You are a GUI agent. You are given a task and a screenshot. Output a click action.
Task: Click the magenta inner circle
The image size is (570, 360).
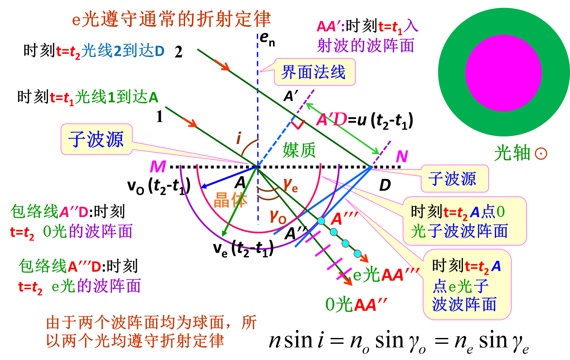click(x=503, y=73)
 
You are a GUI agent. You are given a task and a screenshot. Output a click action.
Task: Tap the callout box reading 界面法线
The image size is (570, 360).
click(x=314, y=72)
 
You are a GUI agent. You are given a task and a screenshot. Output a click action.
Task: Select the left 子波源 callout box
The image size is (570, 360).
click(x=96, y=139)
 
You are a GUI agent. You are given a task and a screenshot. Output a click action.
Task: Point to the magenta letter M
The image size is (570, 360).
click(x=158, y=167)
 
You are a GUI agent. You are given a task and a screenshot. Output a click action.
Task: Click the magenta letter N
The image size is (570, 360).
click(x=402, y=157)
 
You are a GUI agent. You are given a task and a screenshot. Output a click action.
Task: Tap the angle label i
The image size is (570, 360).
click(x=239, y=138)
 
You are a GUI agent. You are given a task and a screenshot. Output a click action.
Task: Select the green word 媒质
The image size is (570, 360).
click(x=299, y=150)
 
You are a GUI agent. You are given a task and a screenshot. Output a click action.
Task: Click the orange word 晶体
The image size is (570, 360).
click(x=230, y=200)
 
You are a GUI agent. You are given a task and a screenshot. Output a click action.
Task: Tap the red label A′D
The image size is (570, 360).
click(x=331, y=120)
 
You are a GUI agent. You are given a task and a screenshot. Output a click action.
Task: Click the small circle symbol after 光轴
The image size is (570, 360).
click(x=541, y=154)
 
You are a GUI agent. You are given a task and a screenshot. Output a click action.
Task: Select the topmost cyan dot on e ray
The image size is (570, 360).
click(x=321, y=221)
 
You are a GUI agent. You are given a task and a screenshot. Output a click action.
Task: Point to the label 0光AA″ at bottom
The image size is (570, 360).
click(x=356, y=305)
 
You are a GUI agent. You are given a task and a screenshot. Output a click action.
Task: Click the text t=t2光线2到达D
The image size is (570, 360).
click(x=110, y=51)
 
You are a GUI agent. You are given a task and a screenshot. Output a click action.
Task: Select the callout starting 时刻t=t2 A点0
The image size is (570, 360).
click(x=464, y=221)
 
